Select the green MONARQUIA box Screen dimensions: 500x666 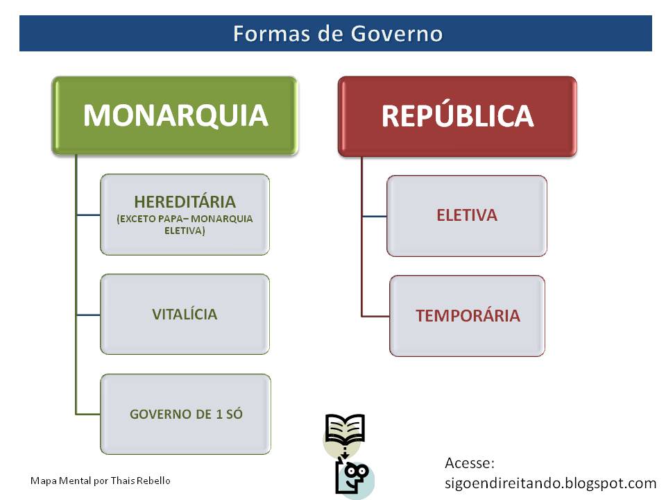175,115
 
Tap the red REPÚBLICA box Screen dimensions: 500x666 457,116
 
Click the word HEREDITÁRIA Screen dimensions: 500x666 185,202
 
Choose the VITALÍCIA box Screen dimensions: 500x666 185,314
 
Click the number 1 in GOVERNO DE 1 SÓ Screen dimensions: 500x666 219,415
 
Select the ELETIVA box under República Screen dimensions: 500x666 466,215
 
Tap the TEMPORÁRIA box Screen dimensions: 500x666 468,316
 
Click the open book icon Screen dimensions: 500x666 345,431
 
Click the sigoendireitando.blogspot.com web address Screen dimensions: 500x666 550,483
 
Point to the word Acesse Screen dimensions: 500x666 469,463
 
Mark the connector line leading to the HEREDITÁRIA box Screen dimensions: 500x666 88,215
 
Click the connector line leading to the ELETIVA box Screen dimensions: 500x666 374,216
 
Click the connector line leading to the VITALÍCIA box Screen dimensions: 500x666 88,315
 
